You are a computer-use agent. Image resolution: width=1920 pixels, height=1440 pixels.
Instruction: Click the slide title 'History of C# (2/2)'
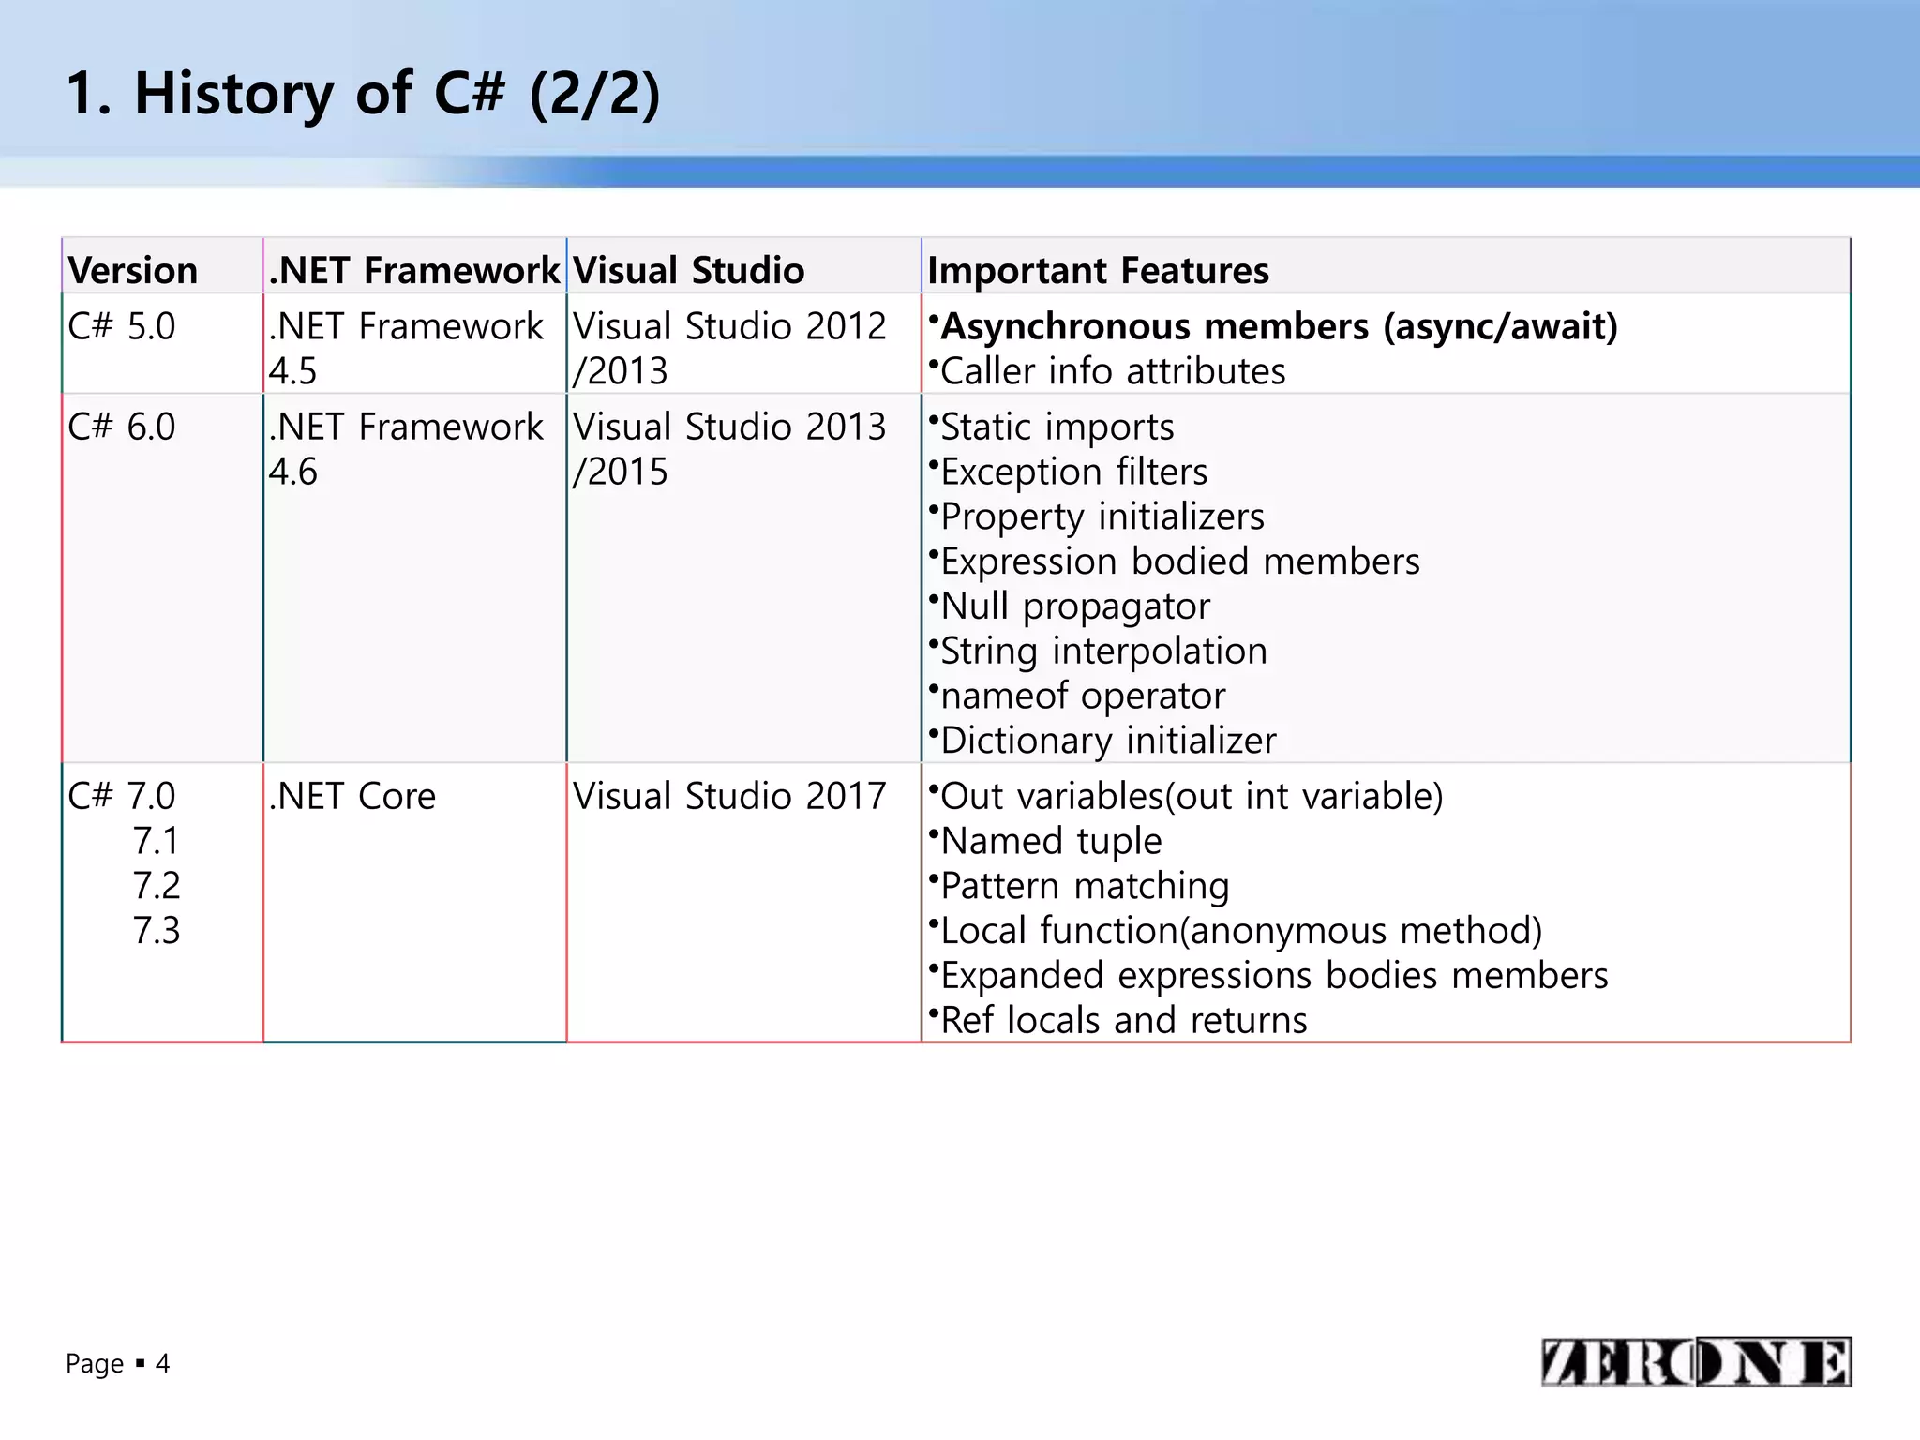point(364,94)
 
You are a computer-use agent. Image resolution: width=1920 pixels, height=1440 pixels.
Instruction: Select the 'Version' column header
point(133,270)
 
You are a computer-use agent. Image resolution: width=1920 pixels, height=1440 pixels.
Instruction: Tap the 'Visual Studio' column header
point(689,270)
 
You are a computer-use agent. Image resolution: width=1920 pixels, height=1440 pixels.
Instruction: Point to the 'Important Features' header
point(1098,270)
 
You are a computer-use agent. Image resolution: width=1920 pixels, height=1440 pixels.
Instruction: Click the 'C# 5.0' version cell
point(122,326)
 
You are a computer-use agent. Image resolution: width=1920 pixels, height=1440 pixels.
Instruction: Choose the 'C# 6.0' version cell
point(122,427)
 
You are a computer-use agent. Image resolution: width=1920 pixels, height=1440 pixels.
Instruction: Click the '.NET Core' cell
point(352,796)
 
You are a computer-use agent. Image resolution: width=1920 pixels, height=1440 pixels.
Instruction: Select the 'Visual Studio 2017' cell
point(729,796)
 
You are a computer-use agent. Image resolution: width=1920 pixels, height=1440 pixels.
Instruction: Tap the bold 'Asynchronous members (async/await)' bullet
point(1279,326)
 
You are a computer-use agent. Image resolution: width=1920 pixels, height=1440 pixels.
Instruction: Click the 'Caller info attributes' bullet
point(1112,371)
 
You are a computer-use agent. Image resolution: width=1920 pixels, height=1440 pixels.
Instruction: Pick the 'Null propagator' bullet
point(1074,607)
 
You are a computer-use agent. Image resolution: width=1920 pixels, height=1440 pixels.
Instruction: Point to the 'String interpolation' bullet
point(1103,651)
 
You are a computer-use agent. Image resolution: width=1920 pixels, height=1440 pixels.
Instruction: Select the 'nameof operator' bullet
point(1082,696)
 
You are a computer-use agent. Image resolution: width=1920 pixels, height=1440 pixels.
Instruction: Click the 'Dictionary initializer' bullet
point(1108,741)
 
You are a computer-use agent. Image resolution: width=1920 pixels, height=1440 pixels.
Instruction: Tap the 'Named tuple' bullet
point(1051,841)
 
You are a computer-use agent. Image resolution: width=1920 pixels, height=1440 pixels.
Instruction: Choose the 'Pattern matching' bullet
point(1084,886)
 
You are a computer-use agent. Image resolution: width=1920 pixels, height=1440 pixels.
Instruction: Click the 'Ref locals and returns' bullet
point(1123,1020)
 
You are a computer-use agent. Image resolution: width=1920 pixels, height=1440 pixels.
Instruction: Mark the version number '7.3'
point(156,930)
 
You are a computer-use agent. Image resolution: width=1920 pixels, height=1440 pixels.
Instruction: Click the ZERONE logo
point(1695,1361)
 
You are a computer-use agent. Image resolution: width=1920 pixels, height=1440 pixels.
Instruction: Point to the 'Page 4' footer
point(118,1363)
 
